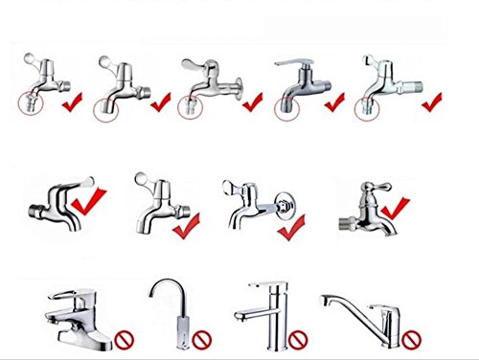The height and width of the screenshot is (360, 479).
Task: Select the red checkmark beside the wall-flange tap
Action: point(294,227)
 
